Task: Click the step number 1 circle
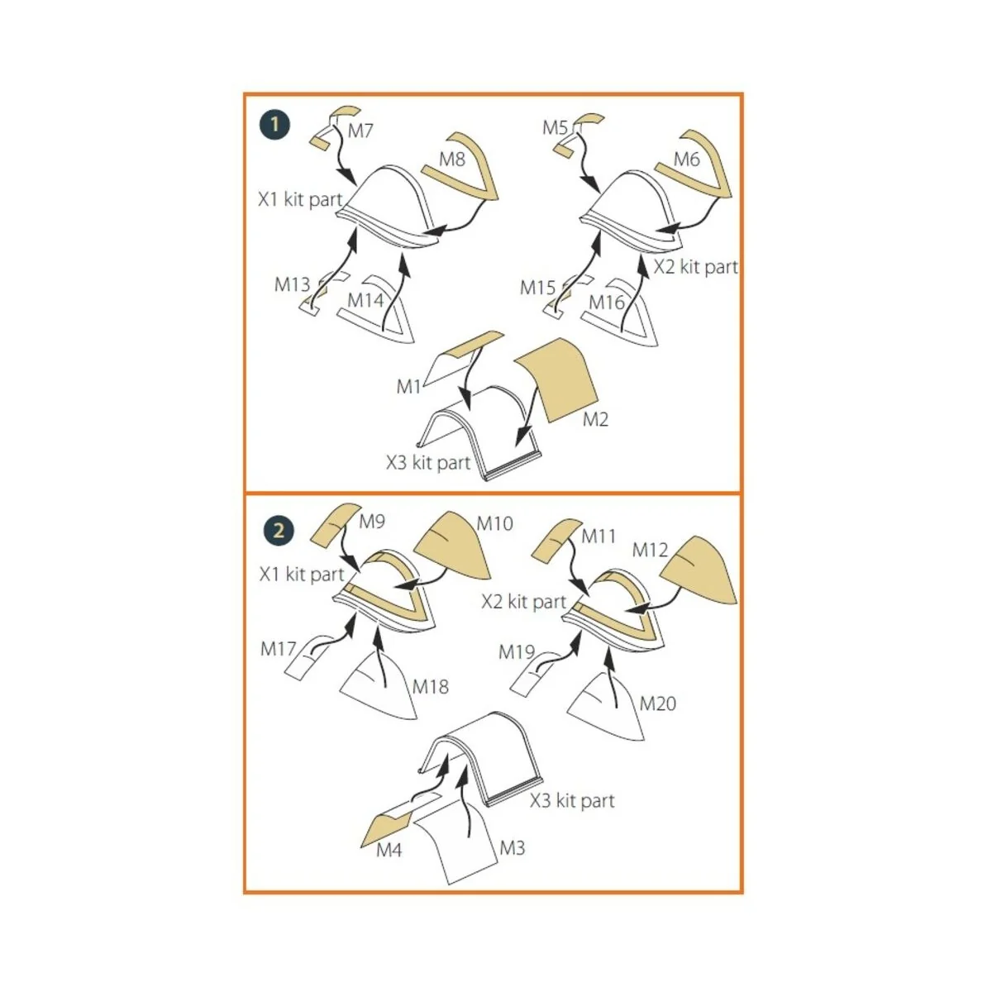pyautogui.click(x=275, y=125)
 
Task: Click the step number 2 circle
pyautogui.click(x=279, y=530)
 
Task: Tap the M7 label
pyautogui.click(x=360, y=131)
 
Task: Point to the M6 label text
pyautogui.click(x=687, y=160)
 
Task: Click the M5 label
pyautogui.click(x=555, y=127)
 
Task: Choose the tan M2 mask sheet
pyautogui.click(x=556, y=379)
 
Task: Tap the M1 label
pyautogui.click(x=408, y=387)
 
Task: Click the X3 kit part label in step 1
pyautogui.click(x=428, y=463)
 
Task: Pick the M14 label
pyautogui.click(x=365, y=300)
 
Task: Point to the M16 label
pyautogui.click(x=607, y=303)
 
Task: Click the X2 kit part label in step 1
pyautogui.click(x=696, y=267)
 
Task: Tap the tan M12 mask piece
pyautogui.click(x=698, y=571)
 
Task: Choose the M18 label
pyautogui.click(x=431, y=686)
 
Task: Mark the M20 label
pyautogui.click(x=657, y=703)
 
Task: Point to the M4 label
pyautogui.click(x=389, y=850)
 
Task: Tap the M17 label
pyautogui.click(x=279, y=649)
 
